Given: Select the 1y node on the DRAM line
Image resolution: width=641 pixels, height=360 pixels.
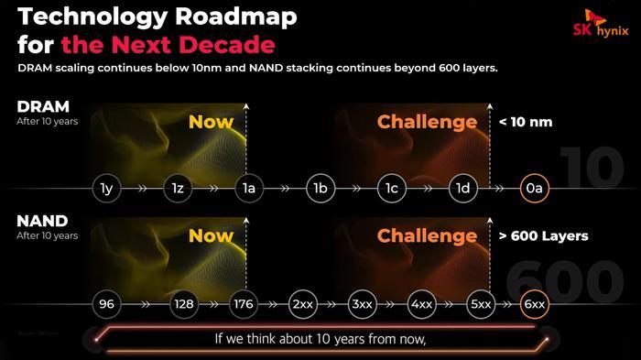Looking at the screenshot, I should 106,189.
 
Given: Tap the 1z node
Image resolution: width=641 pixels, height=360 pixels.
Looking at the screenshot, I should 177,189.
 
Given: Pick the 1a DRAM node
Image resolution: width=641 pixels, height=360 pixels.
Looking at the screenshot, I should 248,189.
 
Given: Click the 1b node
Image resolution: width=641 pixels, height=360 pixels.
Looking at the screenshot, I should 320,189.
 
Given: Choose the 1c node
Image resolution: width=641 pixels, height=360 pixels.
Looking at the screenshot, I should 391,189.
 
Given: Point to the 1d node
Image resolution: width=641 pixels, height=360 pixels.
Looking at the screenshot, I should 463,189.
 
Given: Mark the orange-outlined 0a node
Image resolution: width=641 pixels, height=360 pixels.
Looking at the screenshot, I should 533,189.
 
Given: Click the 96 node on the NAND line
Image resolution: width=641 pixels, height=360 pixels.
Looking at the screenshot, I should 106,301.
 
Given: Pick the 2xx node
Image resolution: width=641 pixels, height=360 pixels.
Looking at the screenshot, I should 302,301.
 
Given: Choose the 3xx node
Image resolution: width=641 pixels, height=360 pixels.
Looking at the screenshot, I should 362,301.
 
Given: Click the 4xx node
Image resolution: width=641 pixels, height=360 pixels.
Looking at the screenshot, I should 421,301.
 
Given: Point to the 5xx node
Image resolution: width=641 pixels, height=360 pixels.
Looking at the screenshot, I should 480,301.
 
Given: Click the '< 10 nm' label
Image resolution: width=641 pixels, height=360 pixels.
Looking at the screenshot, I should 527,122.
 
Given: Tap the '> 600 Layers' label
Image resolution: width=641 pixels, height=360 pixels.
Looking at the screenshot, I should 543,235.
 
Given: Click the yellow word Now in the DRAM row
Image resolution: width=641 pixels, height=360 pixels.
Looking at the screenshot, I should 211,122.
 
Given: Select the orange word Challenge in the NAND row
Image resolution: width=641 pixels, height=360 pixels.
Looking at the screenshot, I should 427,235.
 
